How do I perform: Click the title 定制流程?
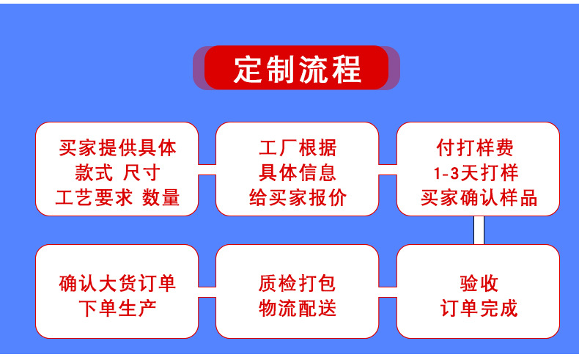point(297,68)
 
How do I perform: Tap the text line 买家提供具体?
point(117,148)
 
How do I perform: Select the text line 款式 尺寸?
point(117,173)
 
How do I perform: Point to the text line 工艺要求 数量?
point(117,198)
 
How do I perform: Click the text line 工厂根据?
point(297,148)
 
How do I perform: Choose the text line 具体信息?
point(297,173)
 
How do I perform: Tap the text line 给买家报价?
point(297,198)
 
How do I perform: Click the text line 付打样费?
point(479,148)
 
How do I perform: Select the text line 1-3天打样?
point(479,173)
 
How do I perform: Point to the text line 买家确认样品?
point(479,198)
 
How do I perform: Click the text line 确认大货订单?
point(117,283)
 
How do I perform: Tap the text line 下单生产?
point(117,307)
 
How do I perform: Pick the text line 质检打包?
point(297,283)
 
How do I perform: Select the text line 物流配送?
point(297,307)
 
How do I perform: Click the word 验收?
point(479,283)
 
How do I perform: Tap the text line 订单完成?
point(479,307)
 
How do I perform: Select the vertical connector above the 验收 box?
point(479,230)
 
